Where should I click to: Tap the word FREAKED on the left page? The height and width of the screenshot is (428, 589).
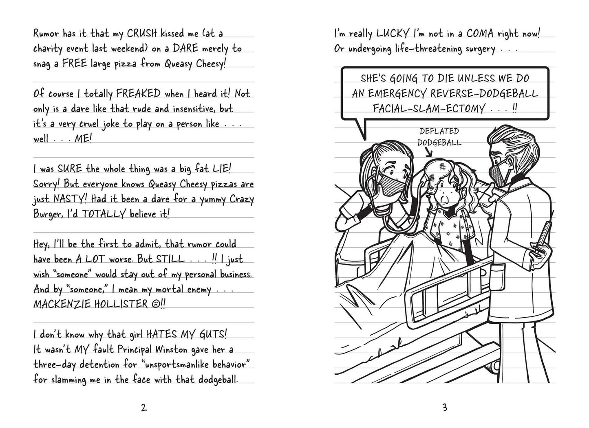(x=138, y=94)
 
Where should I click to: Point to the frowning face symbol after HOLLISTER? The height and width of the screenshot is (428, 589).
(x=154, y=305)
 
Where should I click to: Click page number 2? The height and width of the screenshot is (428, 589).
(x=143, y=408)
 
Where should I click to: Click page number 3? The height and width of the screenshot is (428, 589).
(x=445, y=408)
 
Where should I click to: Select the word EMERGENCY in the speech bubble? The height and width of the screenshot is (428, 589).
(x=392, y=93)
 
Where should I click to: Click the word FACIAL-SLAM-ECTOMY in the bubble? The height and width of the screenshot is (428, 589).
(x=428, y=108)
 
